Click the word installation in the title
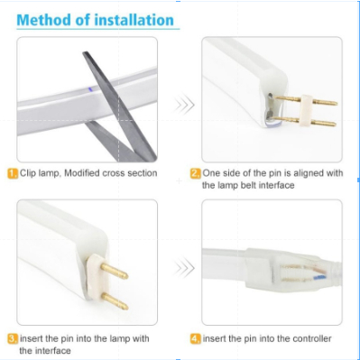point(134,20)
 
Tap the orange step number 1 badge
point(13,173)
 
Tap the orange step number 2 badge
point(196,173)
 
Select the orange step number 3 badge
point(13,339)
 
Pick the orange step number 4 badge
point(196,339)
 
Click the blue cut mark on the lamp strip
point(89,88)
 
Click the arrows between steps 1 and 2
point(185,105)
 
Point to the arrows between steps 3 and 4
point(185,268)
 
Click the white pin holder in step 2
point(306,110)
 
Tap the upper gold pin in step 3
point(115,271)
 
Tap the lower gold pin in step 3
point(115,301)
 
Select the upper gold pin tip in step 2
point(337,103)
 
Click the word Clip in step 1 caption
point(28,173)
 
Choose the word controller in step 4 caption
point(312,338)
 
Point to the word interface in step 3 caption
point(53,351)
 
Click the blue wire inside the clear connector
point(319,277)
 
